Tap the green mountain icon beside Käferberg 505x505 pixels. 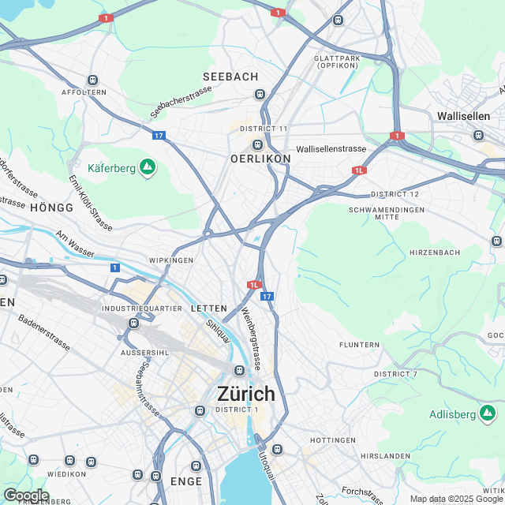click(x=147, y=166)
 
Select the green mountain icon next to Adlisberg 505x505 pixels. click(x=488, y=413)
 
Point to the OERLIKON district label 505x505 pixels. click(x=260, y=159)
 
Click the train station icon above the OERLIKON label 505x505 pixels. click(x=257, y=144)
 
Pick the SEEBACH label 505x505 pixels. click(x=230, y=77)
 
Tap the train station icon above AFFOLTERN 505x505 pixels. click(x=93, y=80)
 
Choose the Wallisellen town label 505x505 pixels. click(x=463, y=116)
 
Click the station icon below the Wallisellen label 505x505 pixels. click(x=478, y=134)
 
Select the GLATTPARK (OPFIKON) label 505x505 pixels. click(x=339, y=62)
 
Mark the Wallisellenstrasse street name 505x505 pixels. click(x=331, y=149)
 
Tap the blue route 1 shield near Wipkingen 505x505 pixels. click(x=115, y=268)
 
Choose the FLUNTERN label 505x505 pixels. click(x=359, y=345)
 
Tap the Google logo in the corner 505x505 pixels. click(x=26, y=495)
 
